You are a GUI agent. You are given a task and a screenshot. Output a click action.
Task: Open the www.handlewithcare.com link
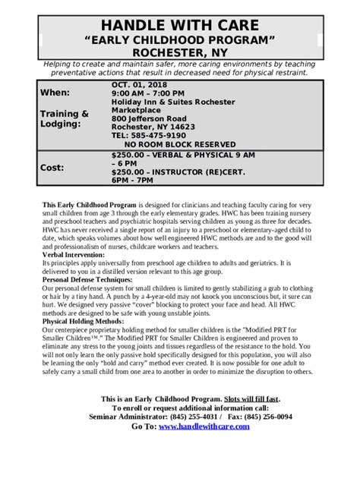pyautogui.click(x=204, y=426)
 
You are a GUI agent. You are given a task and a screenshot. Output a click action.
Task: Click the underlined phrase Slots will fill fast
pyautogui.click(x=251, y=399)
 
